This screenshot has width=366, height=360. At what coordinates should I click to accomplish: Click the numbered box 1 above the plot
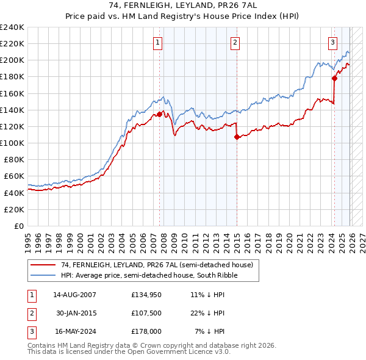pyautogui.click(x=157, y=42)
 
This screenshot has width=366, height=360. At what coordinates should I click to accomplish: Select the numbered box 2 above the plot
pyautogui.click(x=235, y=42)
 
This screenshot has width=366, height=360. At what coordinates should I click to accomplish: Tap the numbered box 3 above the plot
pyautogui.click(x=332, y=42)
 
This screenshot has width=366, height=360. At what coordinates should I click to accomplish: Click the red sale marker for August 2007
pyautogui.click(x=159, y=114)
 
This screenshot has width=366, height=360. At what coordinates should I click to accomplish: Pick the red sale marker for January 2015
pyautogui.click(x=237, y=137)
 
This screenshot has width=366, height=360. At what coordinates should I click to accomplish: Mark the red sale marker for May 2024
pyautogui.click(x=334, y=79)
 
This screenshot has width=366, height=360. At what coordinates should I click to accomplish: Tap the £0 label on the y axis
pyautogui.click(x=19, y=225)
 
